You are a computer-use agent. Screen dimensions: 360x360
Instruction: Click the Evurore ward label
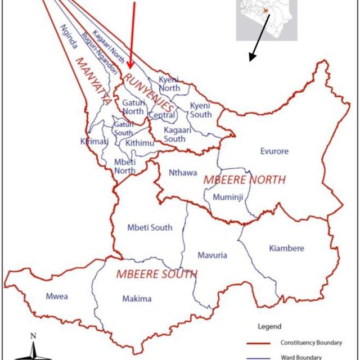274,151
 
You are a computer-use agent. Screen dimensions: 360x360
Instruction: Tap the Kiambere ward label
286,248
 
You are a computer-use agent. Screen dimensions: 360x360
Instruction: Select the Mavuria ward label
212,255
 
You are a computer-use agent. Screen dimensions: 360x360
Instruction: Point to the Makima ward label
137,299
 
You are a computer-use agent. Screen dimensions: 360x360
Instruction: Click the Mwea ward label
57,296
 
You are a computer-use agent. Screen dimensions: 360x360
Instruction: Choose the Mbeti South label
150,228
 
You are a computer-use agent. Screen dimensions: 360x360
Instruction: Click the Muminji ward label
227,197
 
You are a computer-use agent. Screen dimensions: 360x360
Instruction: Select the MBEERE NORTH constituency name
244,180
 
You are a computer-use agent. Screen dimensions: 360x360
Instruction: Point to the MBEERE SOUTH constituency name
156,274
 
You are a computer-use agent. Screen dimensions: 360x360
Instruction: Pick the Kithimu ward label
140,143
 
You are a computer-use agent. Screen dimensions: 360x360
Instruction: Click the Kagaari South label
174,134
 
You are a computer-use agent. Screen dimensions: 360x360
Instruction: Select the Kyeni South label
201,110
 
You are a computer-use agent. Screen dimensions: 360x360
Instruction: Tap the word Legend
269,326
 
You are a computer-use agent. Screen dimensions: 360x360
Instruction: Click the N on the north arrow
34,336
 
